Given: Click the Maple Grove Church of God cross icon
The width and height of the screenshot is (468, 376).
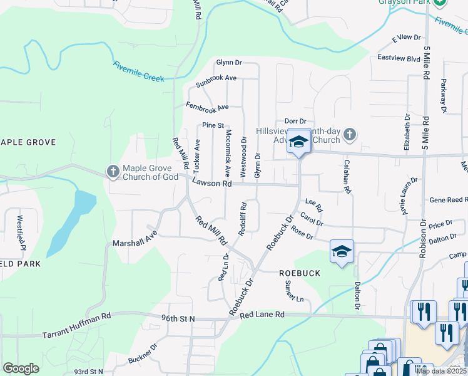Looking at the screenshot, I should [x=113, y=171].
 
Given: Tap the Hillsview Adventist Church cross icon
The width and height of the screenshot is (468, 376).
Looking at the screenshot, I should [x=350, y=133].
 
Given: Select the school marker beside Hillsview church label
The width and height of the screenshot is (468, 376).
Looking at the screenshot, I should [x=299, y=141].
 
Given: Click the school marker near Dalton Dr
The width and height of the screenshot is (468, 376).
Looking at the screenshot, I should [x=342, y=251].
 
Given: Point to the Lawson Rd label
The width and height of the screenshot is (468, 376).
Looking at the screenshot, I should [x=212, y=184].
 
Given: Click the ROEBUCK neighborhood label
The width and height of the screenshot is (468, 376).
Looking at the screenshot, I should [x=300, y=273].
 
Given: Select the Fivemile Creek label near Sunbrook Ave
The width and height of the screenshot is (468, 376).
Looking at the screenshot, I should [x=138, y=71].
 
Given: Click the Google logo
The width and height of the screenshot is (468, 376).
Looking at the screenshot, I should [x=21, y=368].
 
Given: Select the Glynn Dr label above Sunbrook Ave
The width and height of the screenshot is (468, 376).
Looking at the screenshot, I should [x=229, y=62].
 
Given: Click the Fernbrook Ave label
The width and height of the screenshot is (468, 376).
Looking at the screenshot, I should [x=207, y=107].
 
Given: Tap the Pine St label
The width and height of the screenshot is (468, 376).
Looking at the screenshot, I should [x=213, y=125].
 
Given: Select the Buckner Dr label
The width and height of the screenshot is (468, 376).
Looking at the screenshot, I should [x=141, y=354].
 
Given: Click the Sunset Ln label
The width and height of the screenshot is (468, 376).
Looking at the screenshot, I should [x=293, y=291].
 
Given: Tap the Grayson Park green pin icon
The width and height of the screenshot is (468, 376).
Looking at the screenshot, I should [x=440, y=3].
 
